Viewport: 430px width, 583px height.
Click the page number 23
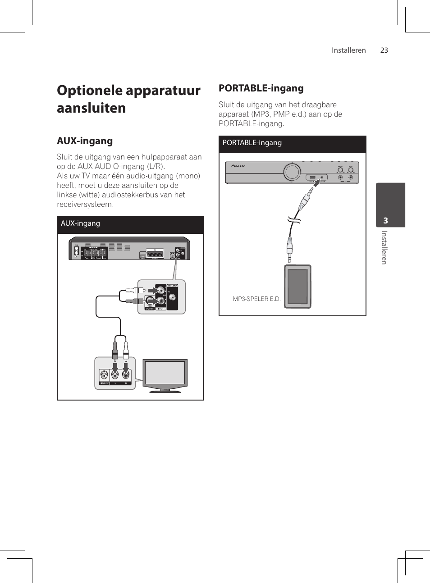(384, 50)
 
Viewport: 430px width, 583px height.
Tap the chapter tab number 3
(385, 220)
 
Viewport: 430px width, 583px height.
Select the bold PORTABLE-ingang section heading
(261, 88)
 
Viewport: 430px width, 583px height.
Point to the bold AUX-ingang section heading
(85, 141)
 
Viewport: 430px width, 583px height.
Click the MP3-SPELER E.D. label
(256, 299)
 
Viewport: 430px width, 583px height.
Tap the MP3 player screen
(297, 286)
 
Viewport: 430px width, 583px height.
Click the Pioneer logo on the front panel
(238, 166)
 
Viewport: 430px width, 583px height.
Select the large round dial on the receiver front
(292, 172)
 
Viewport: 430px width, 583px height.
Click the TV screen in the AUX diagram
(165, 373)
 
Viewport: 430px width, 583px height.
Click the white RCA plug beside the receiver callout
(136, 291)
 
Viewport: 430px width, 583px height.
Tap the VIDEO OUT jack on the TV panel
(105, 375)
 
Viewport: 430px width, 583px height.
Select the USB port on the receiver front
(312, 177)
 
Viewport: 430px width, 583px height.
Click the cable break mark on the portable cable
(294, 220)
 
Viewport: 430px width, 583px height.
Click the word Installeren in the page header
(348, 50)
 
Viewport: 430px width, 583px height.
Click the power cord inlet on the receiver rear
(76, 251)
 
